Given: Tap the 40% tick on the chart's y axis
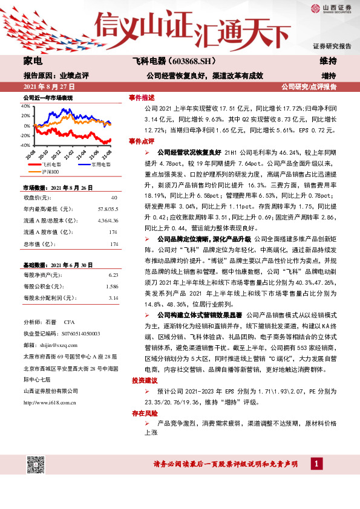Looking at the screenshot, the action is (25, 105).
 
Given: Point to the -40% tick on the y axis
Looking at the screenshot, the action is (25, 146).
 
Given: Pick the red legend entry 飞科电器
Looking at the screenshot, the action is (52, 164).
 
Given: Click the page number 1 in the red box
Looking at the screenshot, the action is (316, 464).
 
